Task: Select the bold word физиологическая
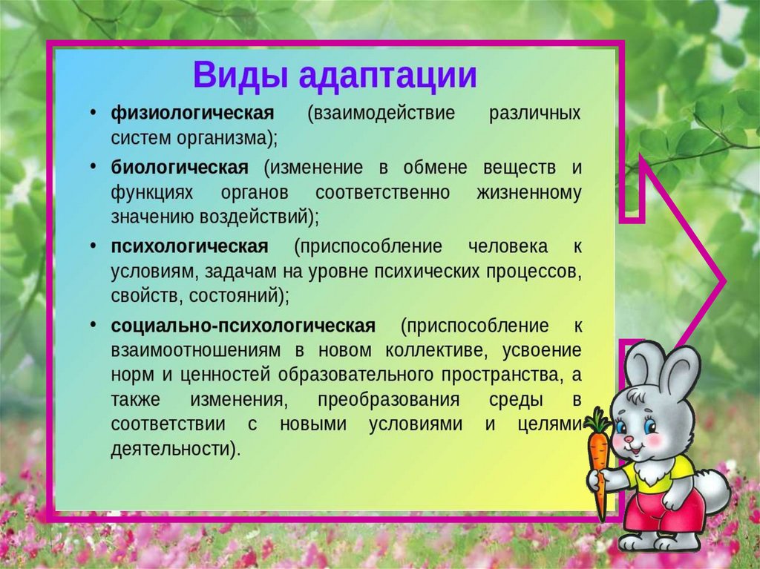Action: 192,114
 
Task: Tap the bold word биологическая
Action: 180,168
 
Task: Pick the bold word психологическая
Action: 189,247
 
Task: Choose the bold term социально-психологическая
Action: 243,326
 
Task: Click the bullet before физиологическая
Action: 93,113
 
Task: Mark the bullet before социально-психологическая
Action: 93,324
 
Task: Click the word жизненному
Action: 528,193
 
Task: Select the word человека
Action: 508,247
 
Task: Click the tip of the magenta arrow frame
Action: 725,280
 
